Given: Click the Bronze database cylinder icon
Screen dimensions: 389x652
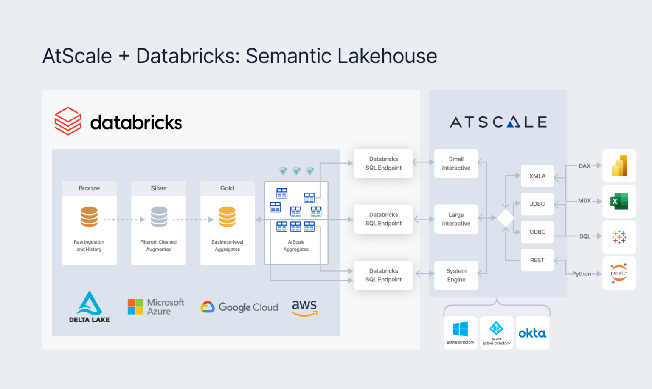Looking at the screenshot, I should (x=89, y=217).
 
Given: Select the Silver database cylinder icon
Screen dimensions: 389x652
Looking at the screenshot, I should (x=159, y=217).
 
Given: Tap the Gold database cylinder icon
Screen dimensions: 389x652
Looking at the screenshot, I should (x=227, y=217).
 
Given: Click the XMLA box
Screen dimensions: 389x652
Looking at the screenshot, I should (x=537, y=176).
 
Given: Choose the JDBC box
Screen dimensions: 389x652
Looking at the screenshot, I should (x=537, y=204).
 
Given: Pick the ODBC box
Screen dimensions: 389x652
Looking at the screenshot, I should (x=537, y=232).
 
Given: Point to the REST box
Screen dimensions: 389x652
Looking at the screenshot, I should (x=537, y=260).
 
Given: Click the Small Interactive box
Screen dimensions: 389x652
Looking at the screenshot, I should (x=456, y=164).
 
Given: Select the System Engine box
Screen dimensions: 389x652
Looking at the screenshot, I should (x=456, y=275).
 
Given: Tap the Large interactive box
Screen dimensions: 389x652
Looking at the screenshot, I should (x=456, y=219).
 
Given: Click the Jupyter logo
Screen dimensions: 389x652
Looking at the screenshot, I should (x=619, y=273).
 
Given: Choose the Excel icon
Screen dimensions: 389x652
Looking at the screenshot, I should (x=619, y=202).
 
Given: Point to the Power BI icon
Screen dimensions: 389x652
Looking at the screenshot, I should (x=619, y=166).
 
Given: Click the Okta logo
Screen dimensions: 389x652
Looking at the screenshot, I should (x=532, y=333).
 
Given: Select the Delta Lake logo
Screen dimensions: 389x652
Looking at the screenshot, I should (x=89, y=307).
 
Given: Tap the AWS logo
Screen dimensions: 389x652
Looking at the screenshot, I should (x=304, y=308).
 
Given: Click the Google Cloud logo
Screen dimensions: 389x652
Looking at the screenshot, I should (x=239, y=307).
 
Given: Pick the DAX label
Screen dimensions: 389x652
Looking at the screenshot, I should (x=585, y=166).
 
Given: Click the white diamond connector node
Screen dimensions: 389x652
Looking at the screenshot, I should (x=506, y=218).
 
